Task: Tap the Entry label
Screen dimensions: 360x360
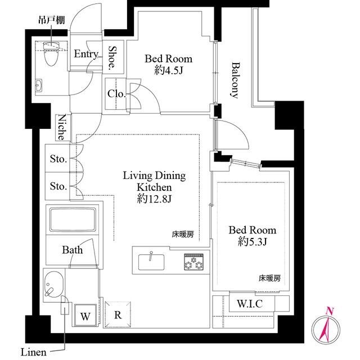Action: click(x=86, y=55)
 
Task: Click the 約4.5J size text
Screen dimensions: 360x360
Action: click(x=168, y=71)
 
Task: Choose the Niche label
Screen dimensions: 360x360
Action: click(x=62, y=128)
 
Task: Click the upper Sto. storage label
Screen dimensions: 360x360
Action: click(x=58, y=159)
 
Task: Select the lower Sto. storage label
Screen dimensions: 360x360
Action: click(x=58, y=186)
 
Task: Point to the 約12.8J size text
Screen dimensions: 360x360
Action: click(x=154, y=198)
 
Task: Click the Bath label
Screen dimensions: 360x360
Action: click(x=73, y=250)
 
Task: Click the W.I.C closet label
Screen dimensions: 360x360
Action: click(x=248, y=304)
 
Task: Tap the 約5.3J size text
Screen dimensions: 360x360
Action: click(x=252, y=242)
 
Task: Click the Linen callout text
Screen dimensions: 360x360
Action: click(x=34, y=353)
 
